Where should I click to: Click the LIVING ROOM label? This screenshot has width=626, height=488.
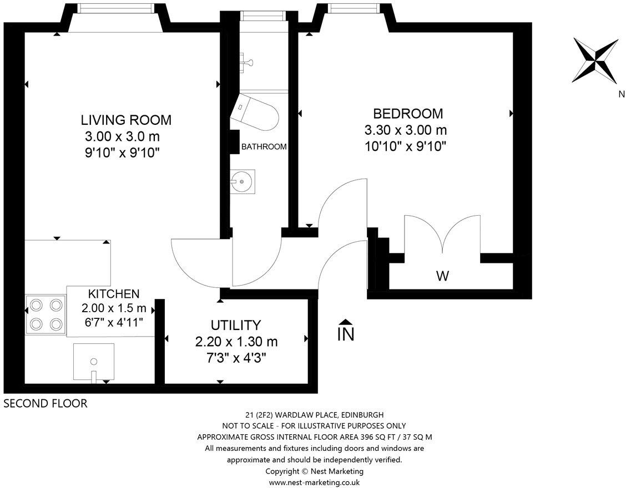(126, 120)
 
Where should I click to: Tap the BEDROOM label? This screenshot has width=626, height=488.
(408, 114)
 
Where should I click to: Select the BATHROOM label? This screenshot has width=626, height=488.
(264, 146)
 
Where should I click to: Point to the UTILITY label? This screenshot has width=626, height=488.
(236, 325)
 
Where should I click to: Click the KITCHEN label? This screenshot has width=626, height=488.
(114, 294)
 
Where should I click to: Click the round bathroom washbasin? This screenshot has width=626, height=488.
(243, 181)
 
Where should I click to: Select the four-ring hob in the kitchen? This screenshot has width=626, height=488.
(46, 314)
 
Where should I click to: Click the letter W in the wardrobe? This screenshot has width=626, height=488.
(442, 276)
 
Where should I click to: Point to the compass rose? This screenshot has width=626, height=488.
(595, 60)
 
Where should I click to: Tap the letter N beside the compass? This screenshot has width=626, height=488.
(621, 94)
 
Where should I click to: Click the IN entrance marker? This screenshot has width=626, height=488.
(346, 331)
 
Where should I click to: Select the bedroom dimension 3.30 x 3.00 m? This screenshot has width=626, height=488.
(406, 130)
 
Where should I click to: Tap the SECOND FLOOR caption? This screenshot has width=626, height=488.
(45, 403)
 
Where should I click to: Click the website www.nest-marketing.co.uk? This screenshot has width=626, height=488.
(314, 483)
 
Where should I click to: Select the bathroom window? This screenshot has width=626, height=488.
(264, 15)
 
